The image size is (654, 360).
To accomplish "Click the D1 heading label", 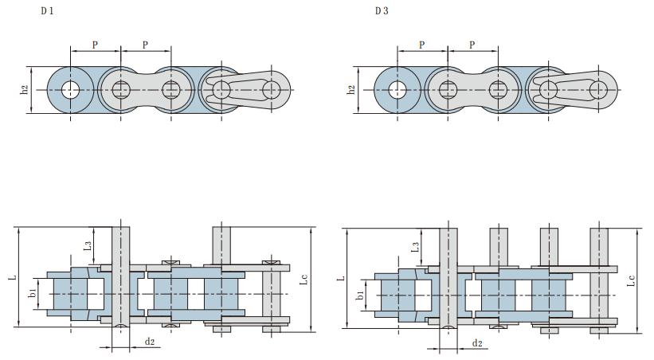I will (47, 11).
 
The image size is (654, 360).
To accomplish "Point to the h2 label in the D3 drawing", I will (351, 90).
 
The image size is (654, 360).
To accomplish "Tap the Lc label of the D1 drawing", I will (304, 280).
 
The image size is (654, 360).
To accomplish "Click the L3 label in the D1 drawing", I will (87, 248).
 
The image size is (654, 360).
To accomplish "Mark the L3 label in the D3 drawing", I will (415, 248).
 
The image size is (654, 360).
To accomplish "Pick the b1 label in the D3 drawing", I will (360, 295).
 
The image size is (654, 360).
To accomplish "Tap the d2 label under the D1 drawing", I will (149, 342).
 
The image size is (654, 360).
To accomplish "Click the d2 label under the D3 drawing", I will (477, 343).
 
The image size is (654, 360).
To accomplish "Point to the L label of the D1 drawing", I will (11, 278).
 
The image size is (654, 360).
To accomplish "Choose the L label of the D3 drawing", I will (339, 279).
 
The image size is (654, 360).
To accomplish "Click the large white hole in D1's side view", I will (70, 89).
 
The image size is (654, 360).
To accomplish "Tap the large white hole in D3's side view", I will (397, 89).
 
